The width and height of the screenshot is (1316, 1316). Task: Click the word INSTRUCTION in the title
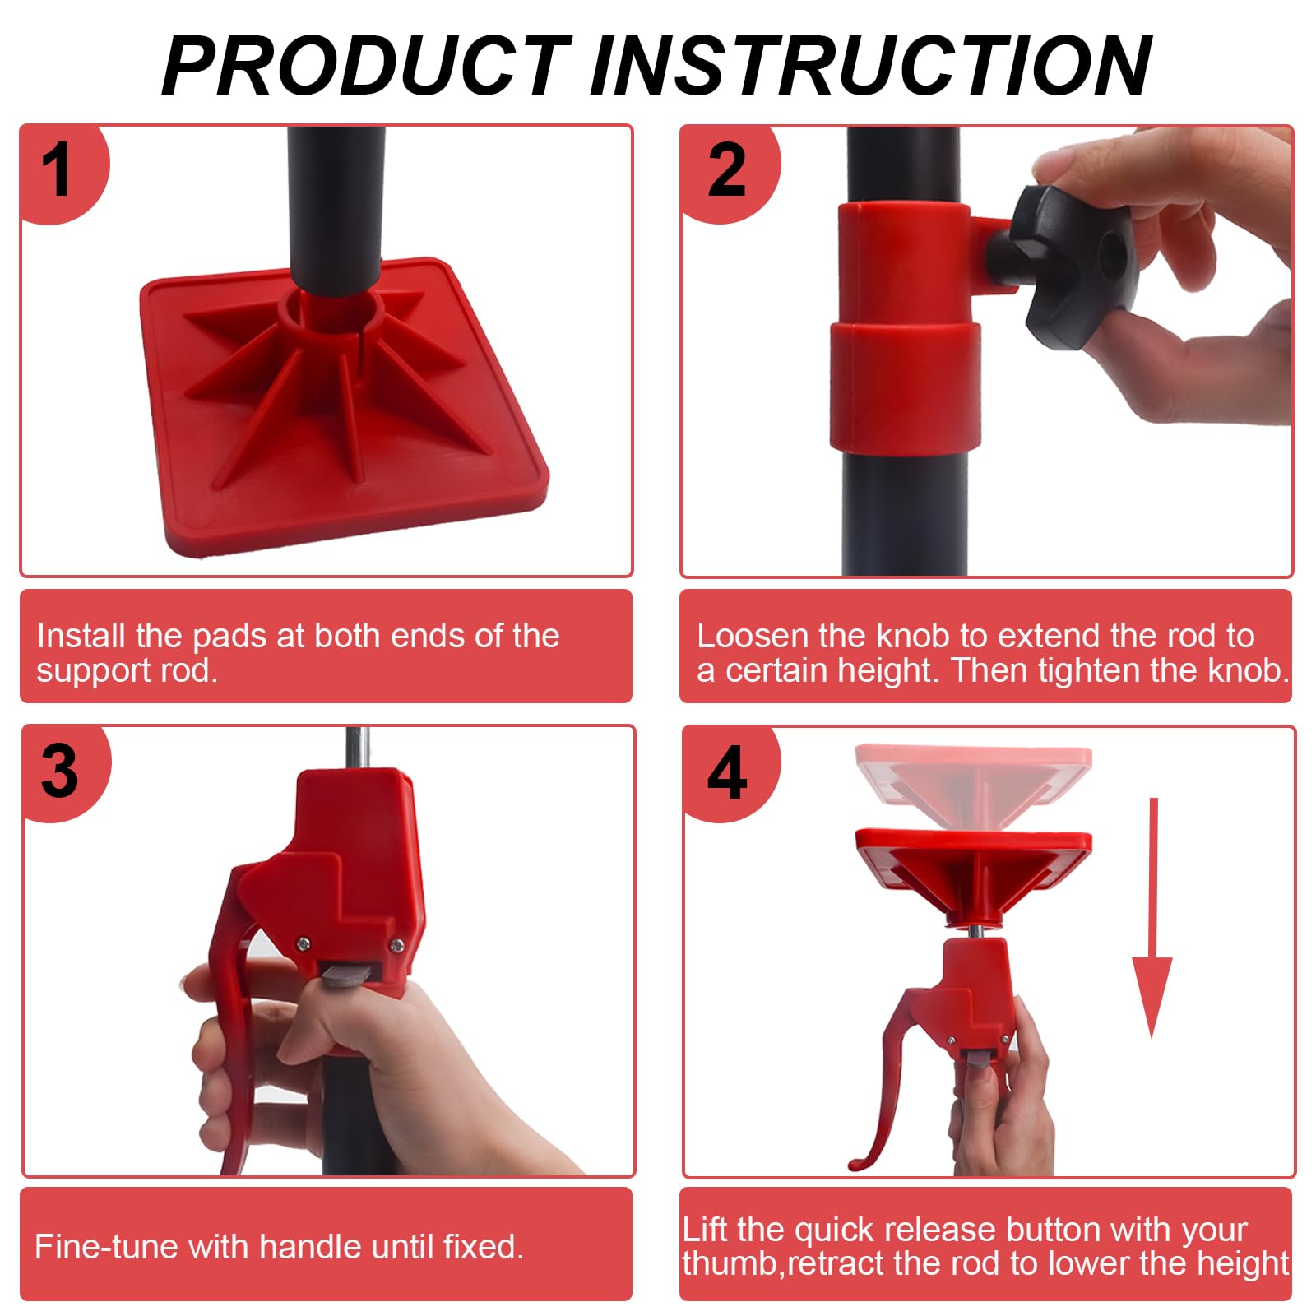[872, 66]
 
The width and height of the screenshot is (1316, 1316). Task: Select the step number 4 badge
[727, 773]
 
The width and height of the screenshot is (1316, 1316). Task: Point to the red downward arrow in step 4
[1153, 917]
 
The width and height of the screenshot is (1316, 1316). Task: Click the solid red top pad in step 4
[974, 872]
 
